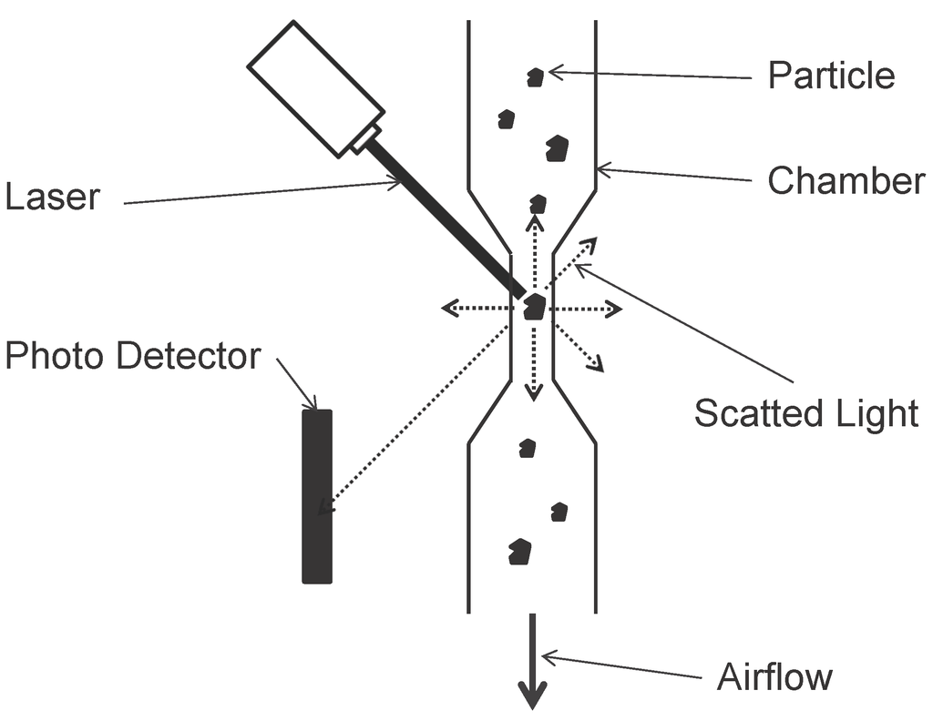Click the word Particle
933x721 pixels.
tap(830, 75)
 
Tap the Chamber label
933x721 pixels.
tap(845, 181)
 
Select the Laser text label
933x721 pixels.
tap(52, 197)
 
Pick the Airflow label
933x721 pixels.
tap(774, 677)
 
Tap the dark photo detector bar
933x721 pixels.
tap(317, 496)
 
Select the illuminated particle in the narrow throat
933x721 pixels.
tap(534, 307)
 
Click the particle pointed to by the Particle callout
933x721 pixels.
tap(536, 77)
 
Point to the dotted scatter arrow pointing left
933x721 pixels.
tap(474, 309)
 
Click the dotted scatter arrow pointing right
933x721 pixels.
tap(588, 310)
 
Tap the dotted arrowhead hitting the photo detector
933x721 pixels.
tap(323, 505)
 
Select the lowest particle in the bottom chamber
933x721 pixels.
tap(519, 552)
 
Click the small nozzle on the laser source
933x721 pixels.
tap(365, 139)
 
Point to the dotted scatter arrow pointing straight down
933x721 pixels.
tap(534, 364)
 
